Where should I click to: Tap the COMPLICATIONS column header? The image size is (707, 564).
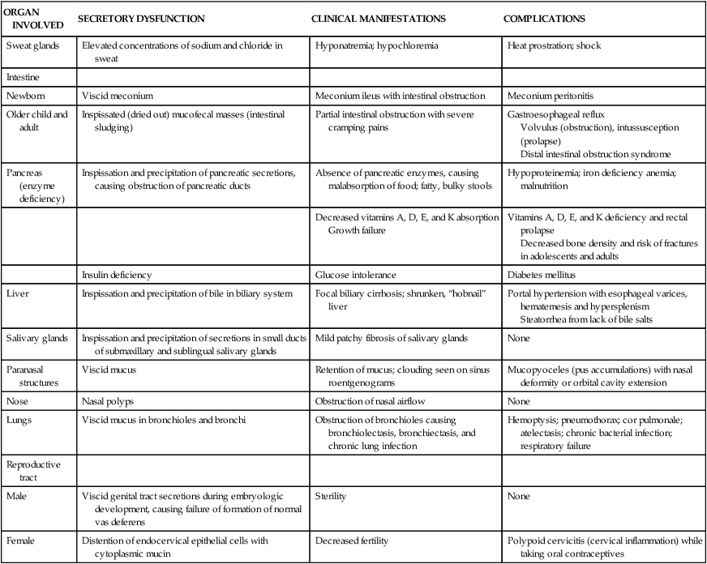544,17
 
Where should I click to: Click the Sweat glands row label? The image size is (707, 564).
32,46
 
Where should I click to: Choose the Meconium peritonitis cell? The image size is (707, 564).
554,96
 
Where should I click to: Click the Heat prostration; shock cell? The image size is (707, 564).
554,46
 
